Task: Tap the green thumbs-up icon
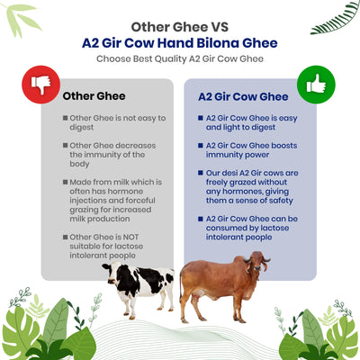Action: click(315, 84)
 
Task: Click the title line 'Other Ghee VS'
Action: click(180, 26)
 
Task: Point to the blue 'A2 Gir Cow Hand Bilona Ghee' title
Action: click(180, 42)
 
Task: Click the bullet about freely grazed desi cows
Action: click(248, 184)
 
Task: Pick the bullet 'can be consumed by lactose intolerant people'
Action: click(248, 229)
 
